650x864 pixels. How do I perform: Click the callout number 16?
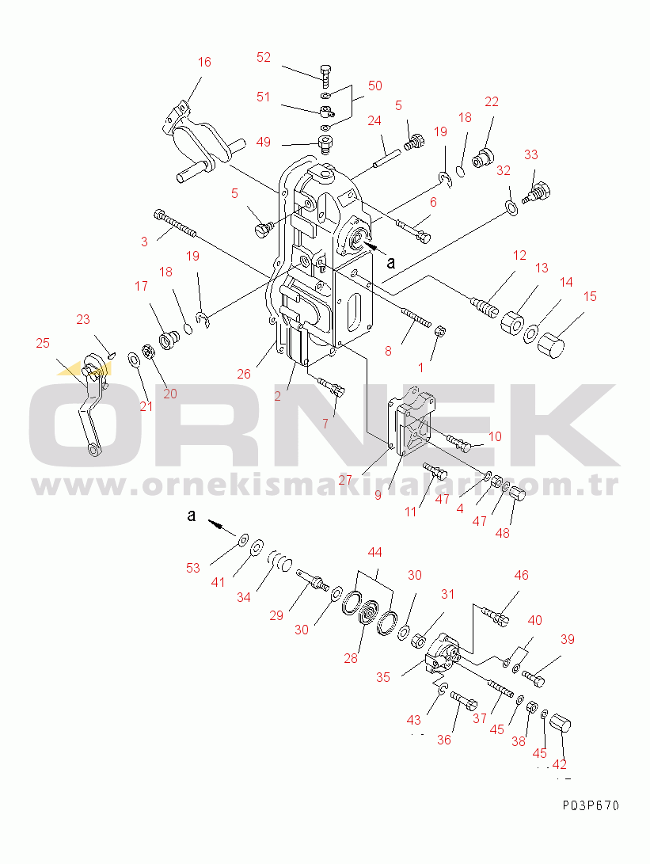pos(204,62)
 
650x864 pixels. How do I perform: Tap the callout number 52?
pos(264,57)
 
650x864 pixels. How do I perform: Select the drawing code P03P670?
pos(591,805)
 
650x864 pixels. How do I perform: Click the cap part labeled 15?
pos(551,345)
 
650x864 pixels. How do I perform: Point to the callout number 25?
pos(43,343)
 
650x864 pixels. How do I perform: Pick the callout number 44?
pos(375,552)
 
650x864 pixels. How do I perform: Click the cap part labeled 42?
pos(561,723)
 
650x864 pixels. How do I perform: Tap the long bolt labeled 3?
pos(175,225)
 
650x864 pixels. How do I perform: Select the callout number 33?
pos(531,154)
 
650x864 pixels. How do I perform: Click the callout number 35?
pos(383,677)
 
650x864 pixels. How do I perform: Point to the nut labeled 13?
pos(512,322)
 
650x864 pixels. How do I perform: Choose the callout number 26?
pos(244,374)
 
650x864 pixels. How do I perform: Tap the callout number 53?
pos(193,568)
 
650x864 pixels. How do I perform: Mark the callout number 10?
pos(495,436)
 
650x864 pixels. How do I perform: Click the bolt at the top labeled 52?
pos(325,75)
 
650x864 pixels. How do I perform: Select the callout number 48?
pos(503,533)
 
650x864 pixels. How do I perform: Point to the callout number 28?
pos(351,658)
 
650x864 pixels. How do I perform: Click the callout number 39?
pos(568,639)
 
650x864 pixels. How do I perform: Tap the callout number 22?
pos(492,101)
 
